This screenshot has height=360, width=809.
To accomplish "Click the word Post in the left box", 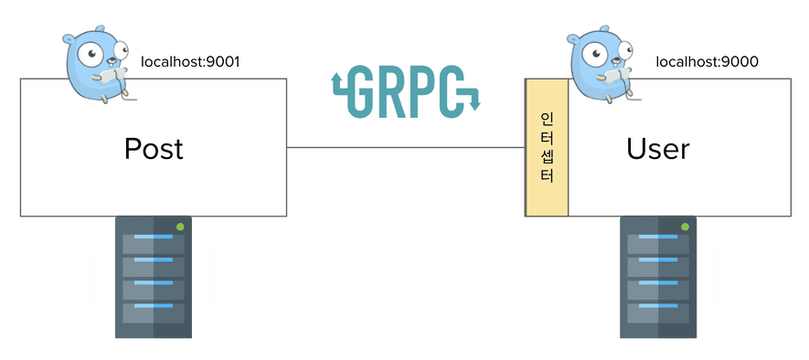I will click(154, 148).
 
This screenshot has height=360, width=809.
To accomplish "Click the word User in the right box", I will click(658, 148).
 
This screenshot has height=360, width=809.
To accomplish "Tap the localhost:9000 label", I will click(708, 62).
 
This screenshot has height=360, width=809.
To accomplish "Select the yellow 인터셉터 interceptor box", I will click(547, 147).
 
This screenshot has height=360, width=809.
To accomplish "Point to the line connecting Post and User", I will click(406, 147).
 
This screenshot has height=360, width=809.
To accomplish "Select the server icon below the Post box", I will click(154, 277).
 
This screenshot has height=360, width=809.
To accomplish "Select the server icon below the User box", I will click(658, 277).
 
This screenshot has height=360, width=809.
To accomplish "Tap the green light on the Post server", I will click(180, 227).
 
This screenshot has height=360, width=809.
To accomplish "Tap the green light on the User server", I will click(685, 227).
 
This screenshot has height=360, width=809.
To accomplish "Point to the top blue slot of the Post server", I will click(154, 238).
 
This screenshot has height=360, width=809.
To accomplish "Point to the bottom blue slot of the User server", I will click(658, 306).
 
